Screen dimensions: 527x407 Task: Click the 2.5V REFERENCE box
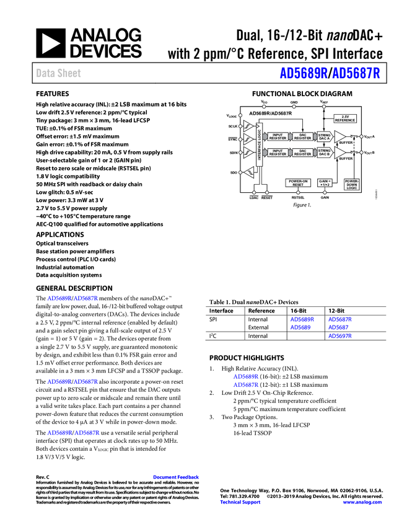(345, 118)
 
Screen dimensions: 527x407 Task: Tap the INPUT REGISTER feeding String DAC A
(278, 136)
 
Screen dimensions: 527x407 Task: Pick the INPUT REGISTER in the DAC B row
(278, 153)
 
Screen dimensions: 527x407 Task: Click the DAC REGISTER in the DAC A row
(302, 136)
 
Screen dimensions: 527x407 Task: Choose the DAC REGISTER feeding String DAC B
(302, 153)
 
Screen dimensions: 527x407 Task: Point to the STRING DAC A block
(324, 136)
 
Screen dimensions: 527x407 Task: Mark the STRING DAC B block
(324, 153)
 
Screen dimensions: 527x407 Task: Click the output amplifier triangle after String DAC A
(339, 136)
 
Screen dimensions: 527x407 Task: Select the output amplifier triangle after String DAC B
(339, 153)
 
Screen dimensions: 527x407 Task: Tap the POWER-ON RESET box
(298, 183)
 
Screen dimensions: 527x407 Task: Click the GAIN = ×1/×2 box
(325, 183)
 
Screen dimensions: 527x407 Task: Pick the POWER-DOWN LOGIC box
(352, 184)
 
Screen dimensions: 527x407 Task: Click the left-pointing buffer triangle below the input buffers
(248, 172)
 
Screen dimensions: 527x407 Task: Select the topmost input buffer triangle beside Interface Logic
(248, 126)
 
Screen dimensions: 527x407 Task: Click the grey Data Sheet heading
(59, 73)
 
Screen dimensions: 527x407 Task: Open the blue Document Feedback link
(177, 477)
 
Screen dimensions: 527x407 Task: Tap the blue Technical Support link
(240, 502)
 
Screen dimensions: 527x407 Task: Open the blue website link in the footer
(362, 502)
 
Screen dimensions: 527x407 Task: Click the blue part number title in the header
(330, 73)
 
